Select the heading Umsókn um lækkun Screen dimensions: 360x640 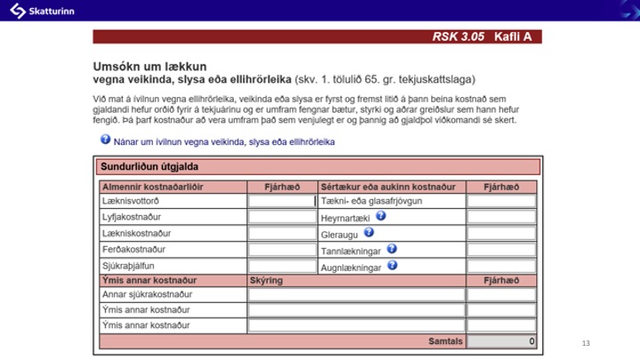(149, 66)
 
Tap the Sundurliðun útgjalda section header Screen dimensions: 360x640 (149, 166)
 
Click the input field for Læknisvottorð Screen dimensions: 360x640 (282, 202)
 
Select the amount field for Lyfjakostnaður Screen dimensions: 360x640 (282, 218)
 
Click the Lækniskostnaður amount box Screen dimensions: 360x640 (282, 234)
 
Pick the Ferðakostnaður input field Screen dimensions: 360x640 (282, 250)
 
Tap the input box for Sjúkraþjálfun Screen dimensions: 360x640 (282, 266)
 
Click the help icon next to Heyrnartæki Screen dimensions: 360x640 (380, 216)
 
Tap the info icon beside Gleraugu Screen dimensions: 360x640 (369, 232)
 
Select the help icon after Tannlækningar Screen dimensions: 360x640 (392, 249)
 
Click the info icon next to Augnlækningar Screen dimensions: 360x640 (392, 265)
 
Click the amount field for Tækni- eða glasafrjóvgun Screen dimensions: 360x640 (501, 202)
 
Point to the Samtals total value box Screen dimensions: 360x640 (501, 341)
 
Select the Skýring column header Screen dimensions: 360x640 (267, 280)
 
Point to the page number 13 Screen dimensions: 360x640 (585, 343)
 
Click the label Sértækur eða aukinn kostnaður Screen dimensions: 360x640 (388, 188)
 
